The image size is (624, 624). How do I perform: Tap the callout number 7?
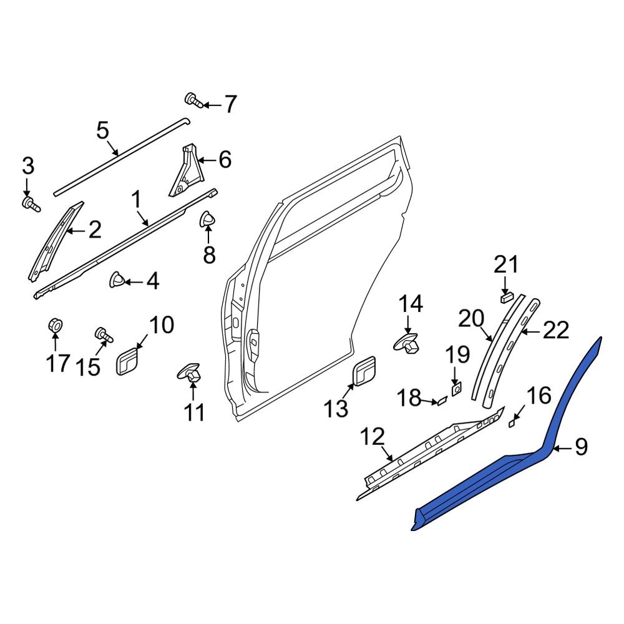tap(230, 104)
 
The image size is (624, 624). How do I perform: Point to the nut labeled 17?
tap(54, 325)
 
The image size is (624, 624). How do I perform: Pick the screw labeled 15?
tap(102, 335)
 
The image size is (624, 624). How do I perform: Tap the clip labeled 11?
tap(192, 374)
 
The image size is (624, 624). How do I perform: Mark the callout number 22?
tap(555, 330)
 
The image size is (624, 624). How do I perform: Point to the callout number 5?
tap(102, 131)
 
